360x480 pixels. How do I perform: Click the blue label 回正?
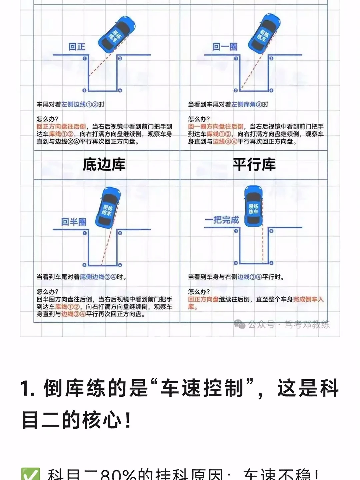77,47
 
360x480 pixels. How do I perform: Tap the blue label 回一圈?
225,47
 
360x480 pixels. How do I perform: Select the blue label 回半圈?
74,222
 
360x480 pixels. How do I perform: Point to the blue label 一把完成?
222,220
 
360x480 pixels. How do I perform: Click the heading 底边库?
104,165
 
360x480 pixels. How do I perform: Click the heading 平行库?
254,165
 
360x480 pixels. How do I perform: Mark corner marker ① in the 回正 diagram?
85,58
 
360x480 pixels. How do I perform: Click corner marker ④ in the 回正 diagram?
120,90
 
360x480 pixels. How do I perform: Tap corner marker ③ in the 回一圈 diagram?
236,90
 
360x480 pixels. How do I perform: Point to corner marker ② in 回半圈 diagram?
120,233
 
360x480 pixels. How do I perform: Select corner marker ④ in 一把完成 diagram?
271,263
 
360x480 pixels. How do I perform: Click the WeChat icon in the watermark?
239,324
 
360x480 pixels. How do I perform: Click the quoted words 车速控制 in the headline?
202,389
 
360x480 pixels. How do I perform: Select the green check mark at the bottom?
31,474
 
